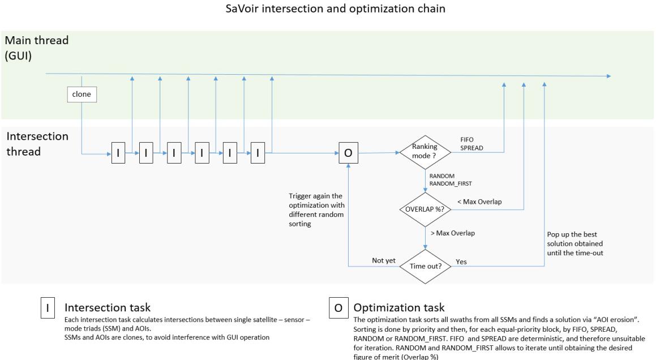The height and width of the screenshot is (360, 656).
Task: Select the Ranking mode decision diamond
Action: (x=425, y=153)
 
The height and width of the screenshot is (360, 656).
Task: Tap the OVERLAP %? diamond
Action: (x=425, y=208)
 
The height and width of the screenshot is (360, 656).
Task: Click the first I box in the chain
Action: (x=118, y=153)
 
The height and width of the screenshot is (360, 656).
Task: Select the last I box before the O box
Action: (x=258, y=153)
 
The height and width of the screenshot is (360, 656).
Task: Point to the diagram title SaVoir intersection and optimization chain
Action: (x=328, y=10)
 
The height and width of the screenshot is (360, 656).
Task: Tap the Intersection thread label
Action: (x=37, y=144)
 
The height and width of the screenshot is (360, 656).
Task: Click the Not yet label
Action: (x=383, y=261)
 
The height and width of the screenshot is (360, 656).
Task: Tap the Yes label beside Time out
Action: (x=461, y=262)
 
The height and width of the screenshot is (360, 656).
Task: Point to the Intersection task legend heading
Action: (x=108, y=308)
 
